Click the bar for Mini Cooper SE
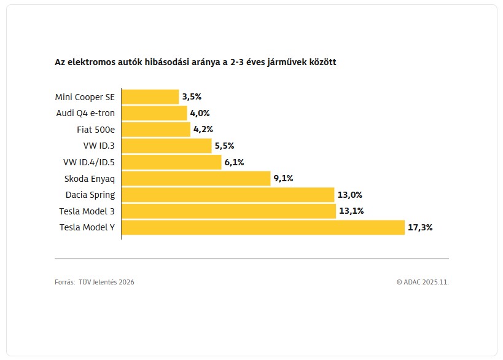tap(150, 96)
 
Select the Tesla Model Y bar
tap(263, 227)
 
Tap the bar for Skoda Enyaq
tap(196, 179)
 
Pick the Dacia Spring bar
tap(227, 195)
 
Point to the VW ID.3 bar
tap(166, 146)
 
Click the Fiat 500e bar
tap(156, 130)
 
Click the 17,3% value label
tap(420, 227)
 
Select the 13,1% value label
tap(350, 211)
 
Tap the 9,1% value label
tap(283, 179)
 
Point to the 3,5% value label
tap(192, 96)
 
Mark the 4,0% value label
tap(200, 113)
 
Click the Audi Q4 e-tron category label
tap(85, 113)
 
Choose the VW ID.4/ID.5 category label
tap(88, 162)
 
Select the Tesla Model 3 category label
tap(87, 211)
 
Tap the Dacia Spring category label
tap(90, 195)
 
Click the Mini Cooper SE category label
tap(85, 96)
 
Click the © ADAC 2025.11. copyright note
tap(423, 282)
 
